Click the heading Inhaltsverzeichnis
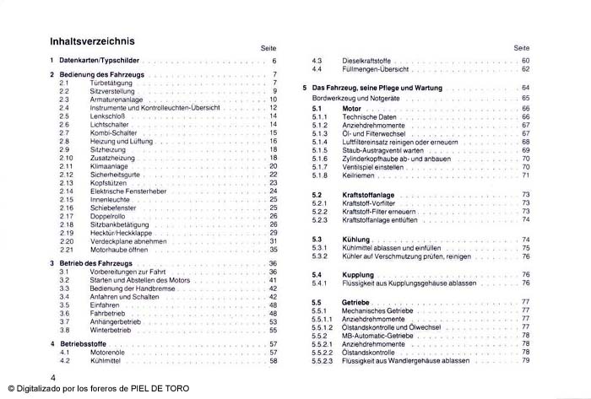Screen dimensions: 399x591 coord(93,40)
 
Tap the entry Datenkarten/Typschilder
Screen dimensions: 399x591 coord(105,62)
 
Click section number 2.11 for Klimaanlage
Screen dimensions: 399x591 coord(67,166)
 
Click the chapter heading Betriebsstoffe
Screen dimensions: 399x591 coord(89,345)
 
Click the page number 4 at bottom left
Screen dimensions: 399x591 coord(53,376)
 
